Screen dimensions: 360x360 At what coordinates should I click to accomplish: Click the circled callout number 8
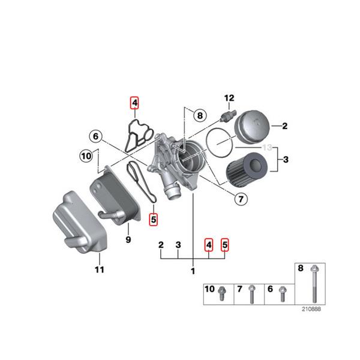(x=199, y=115)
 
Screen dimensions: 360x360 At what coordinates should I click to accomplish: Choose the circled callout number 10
(x=86, y=157)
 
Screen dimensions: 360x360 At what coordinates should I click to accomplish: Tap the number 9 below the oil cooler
(x=127, y=241)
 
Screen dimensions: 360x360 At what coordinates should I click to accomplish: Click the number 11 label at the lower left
(x=99, y=269)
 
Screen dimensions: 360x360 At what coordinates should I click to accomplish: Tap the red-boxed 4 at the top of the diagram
(x=135, y=103)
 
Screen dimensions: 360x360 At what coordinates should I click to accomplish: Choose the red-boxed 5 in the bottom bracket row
(x=225, y=245)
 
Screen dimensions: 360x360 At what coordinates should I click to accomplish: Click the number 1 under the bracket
(x=193, y=271)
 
